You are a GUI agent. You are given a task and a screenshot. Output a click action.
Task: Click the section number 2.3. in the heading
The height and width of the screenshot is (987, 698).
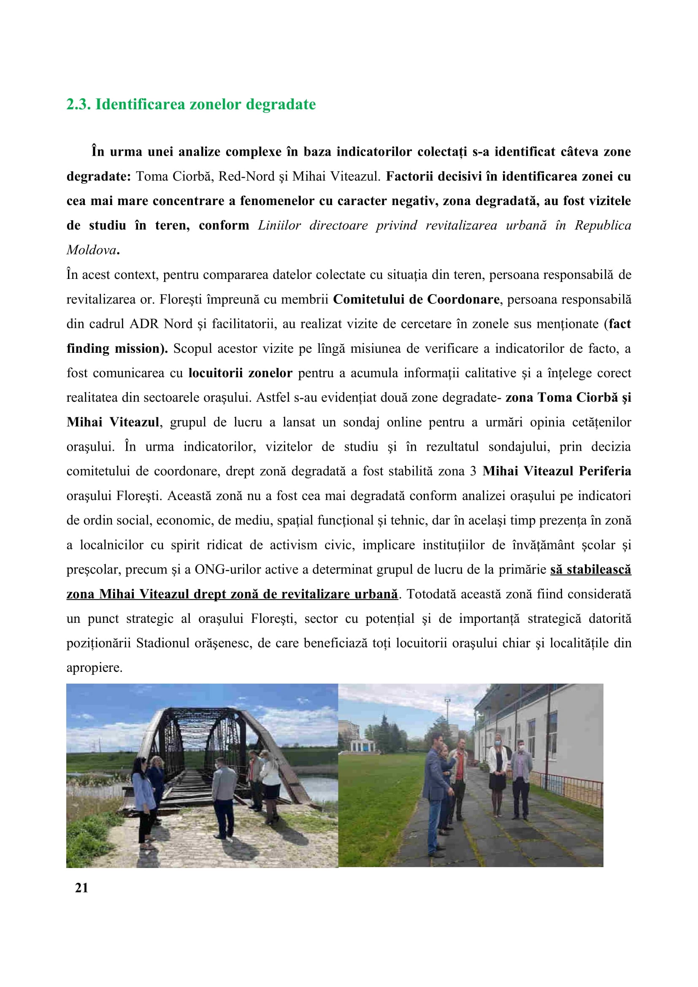pos(78,105)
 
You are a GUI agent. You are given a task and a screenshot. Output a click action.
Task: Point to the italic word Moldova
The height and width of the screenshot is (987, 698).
pos(91,250)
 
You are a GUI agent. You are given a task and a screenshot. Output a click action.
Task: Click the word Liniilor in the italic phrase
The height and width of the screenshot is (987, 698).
pos(279,226)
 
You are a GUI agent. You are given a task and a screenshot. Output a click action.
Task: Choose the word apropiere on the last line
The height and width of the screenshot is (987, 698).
pos(94,668)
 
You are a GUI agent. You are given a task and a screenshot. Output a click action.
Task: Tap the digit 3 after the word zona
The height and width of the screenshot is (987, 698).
pos(473,471)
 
